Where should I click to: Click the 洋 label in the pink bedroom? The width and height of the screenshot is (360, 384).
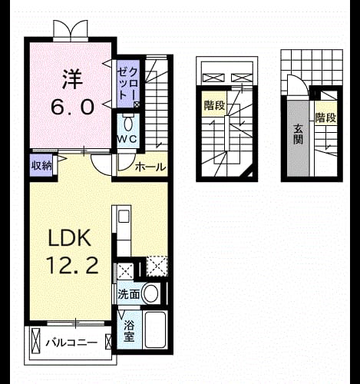point(72,79)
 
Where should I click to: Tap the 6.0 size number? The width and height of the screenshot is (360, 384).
point(72,108)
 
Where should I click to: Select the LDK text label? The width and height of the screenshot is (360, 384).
point(69,238)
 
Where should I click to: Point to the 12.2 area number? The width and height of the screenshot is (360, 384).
point(72,266)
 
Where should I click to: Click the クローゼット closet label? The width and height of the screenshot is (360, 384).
point(128,84)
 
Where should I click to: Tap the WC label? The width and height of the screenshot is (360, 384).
point(127,139)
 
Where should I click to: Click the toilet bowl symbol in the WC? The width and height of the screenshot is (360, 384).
point(127,123)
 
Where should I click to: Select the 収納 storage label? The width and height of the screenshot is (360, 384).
point(41,166)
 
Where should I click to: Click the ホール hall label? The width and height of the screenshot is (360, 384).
point(150,167)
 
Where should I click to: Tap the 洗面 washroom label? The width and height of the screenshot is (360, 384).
point(128,294)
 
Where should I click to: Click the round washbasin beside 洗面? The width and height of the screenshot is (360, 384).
point(150,293)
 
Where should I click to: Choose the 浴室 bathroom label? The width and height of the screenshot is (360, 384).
point(129,332)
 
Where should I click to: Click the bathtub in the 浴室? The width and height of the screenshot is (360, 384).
point(155,329)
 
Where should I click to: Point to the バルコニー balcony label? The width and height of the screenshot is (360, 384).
point(71,343)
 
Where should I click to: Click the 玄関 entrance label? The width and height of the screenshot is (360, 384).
point(298,134)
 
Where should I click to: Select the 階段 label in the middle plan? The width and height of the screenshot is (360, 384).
point(214,105)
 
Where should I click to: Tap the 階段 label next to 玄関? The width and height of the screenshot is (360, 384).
point(325,118)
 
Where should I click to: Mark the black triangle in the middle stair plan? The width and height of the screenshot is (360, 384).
point(249,174)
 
